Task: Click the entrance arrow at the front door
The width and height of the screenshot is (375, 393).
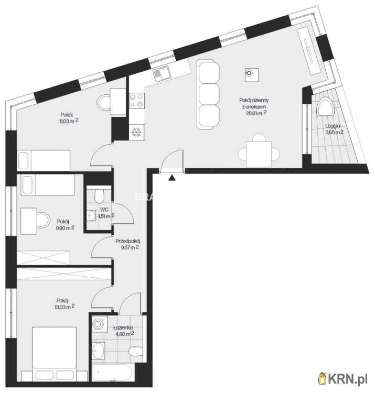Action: pyautogui.click(x=172, y=178)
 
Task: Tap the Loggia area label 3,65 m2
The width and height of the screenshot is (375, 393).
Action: pyautogui.click(x=334, y=132)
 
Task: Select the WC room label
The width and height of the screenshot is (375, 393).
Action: pyautogui.click(x=104, y=210)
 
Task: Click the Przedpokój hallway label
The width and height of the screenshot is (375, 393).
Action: pyautogui.click(x=127, y=241)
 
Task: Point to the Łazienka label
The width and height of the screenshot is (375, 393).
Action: pyautogui.click(x=123, y=327)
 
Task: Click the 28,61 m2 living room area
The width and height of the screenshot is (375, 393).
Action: pyautogui.click(x=256, y=113)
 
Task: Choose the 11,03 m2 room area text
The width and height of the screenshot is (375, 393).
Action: pyautogui.click(x=69, y=121)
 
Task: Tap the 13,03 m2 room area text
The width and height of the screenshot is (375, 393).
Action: pyautogui.click(x=64, y=307)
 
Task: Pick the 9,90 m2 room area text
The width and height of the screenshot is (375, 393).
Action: pyautogui.click(x=66, y=228)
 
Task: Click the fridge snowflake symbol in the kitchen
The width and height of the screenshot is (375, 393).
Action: pyautogui.click(x=137, y=132)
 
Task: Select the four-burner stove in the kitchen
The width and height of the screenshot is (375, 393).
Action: pyautogui.click(x=137, y=101)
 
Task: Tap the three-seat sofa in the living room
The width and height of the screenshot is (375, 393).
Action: pyautogui.click(x=208, y=94)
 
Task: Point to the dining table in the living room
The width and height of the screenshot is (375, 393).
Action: pyautogui.click(x=259, y=154)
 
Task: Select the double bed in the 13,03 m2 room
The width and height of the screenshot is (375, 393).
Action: pyautogui.click(x=54, y=354)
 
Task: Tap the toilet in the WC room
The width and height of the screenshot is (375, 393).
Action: pyautogui.click(x=99, y=196)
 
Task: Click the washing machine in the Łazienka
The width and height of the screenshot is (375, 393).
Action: pyautogui.click(x=100, y=324)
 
